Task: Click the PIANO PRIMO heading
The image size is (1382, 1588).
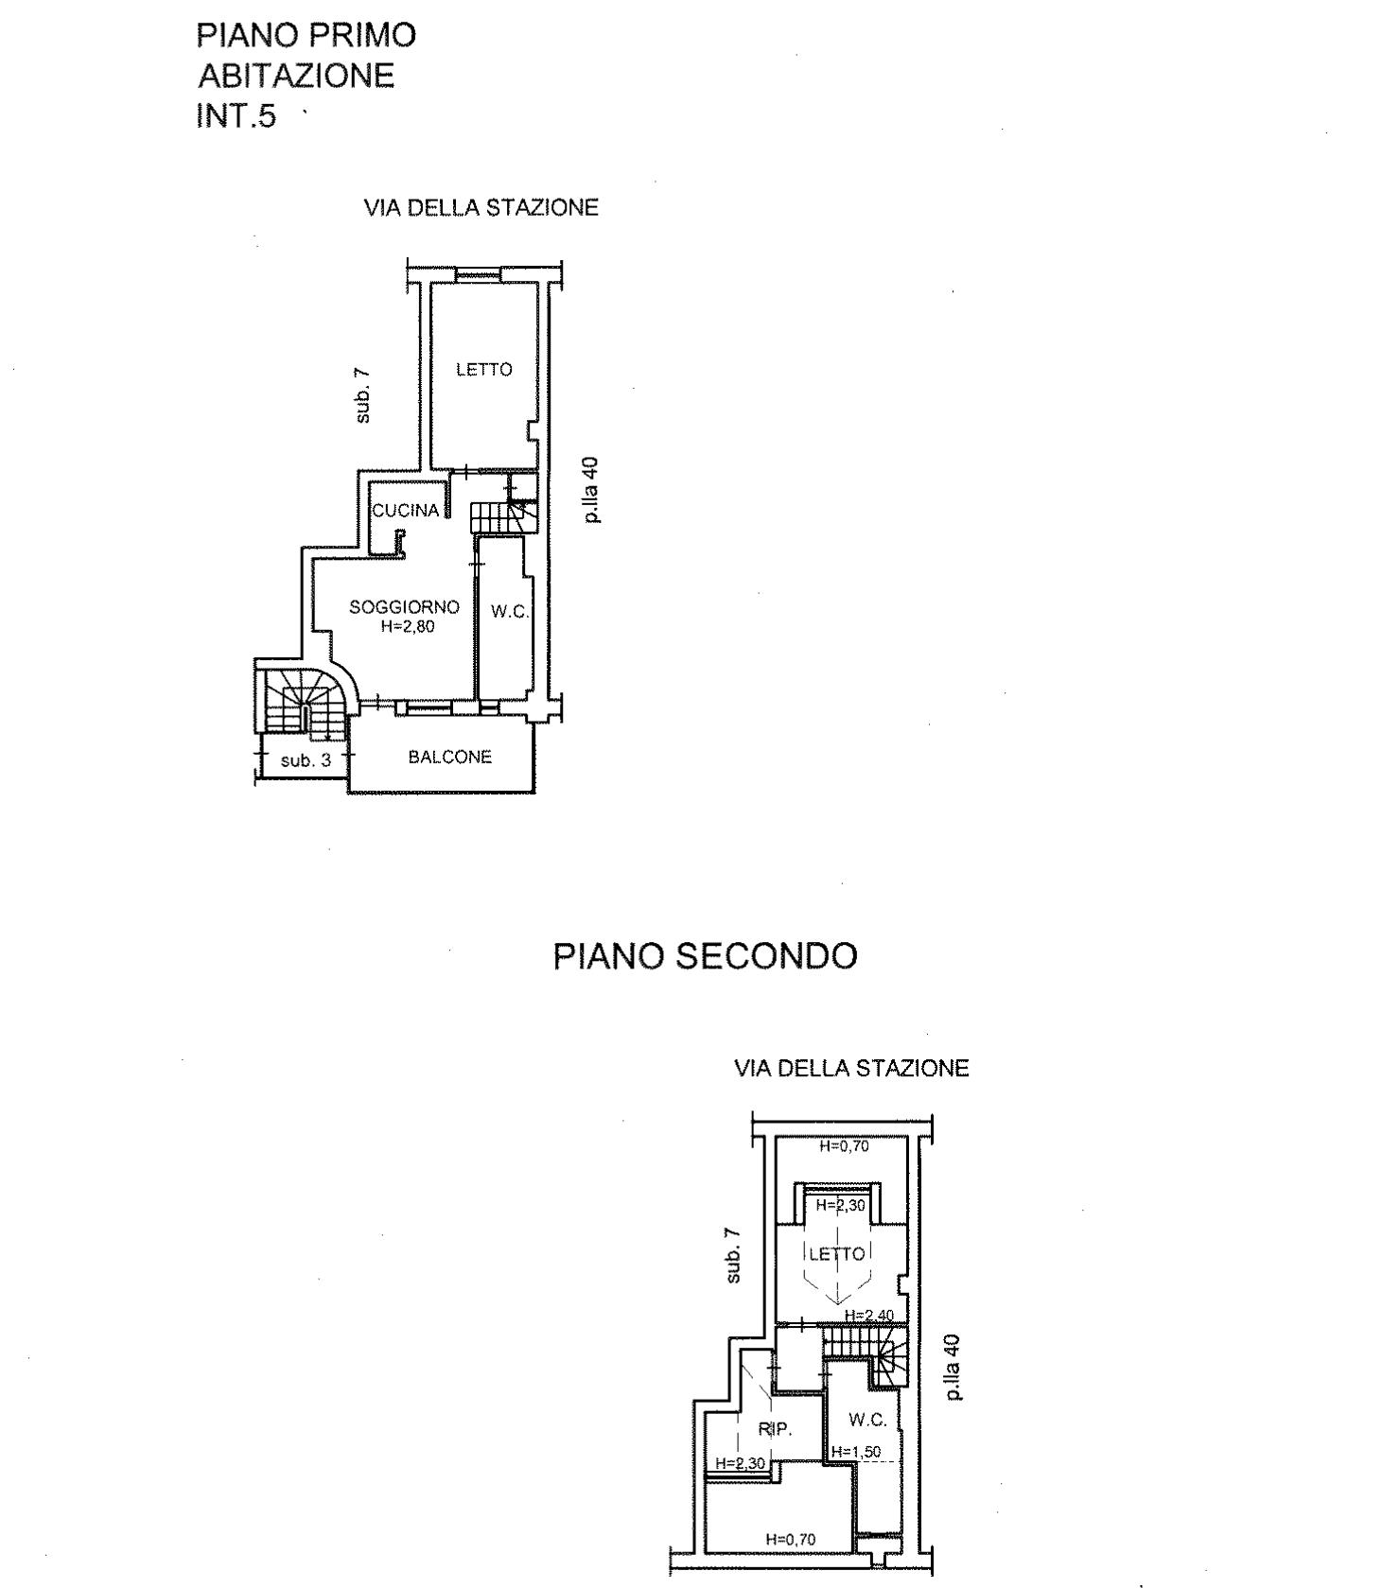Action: (x=306, y=35)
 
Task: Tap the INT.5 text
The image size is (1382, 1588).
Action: (x=236, y=115)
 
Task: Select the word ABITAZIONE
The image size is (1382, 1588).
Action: (x=295, y=76)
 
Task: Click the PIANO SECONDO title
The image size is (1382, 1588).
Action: (x=705, y=956)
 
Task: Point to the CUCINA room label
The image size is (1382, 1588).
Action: (x=406, y=511)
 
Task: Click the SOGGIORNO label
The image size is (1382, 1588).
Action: (x=404, y=607)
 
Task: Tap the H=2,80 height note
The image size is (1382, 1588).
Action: (x=406, y=625)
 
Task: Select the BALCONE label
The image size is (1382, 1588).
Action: (x=450, y=757)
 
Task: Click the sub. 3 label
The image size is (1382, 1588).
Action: (x=306, y=759)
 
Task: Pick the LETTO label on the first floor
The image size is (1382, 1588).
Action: (x=484, y=370)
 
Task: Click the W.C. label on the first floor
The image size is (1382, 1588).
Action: (x=510, y=612)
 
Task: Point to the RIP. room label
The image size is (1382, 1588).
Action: (x=775, y=1429)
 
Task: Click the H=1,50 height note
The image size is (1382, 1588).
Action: (x=856, y=1452)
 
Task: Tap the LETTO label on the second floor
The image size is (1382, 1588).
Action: (x=837, y=1254)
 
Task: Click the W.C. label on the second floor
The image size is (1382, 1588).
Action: (x=867, y=1420)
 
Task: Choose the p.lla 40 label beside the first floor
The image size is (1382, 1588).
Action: (x=590, y=491)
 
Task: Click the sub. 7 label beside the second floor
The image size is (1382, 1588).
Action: (x=733, y=1255)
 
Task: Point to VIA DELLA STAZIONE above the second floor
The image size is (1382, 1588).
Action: (x=852, y=1069)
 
